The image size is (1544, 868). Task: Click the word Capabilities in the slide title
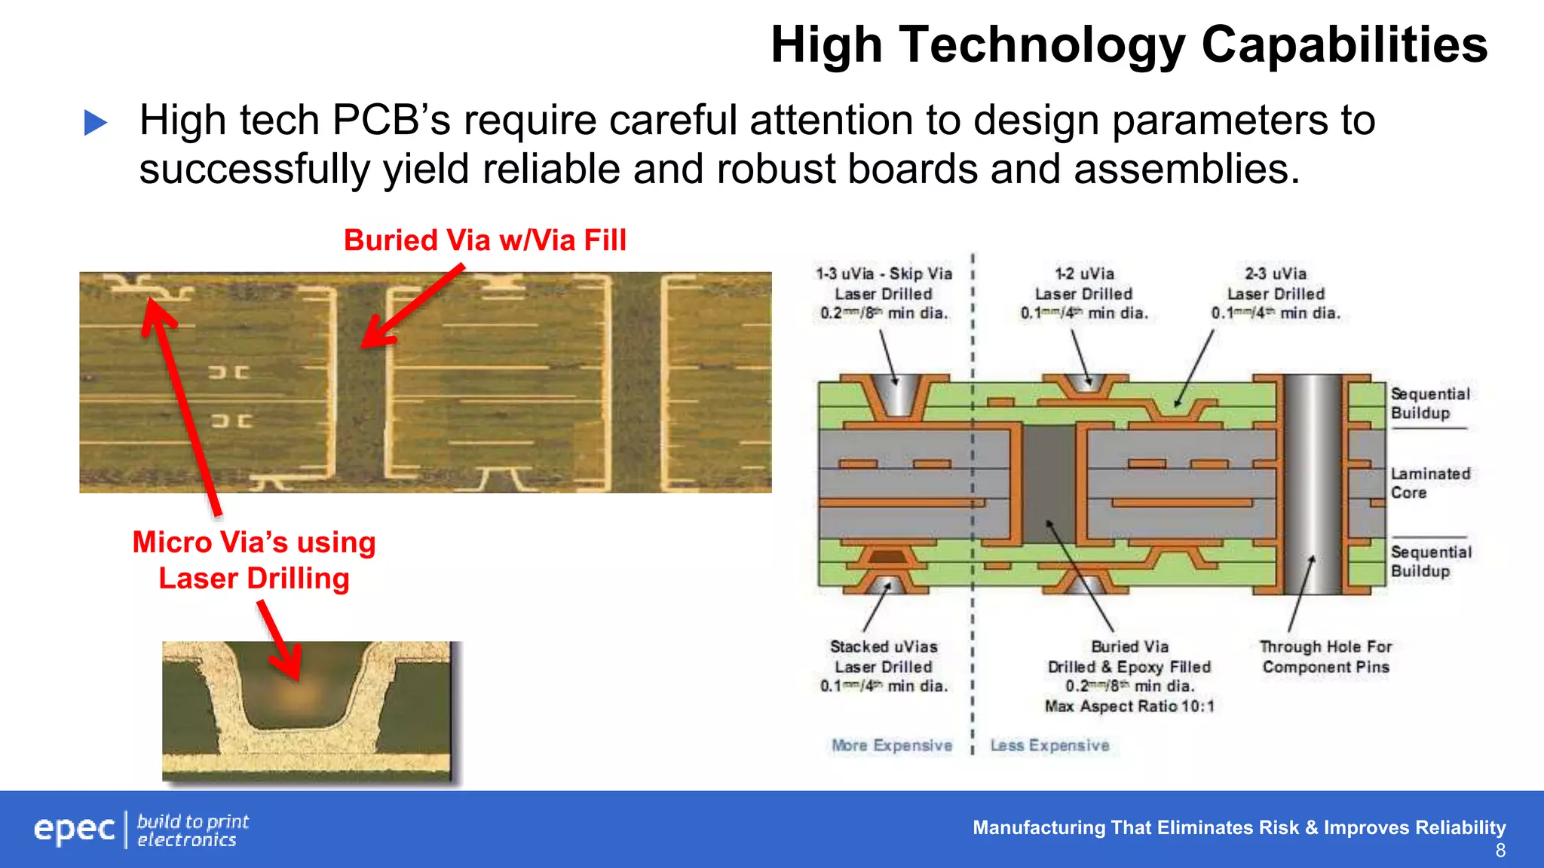click(1343, 45)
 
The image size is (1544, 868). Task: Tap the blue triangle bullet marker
click(96, 123)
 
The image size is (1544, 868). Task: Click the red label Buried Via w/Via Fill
click(485, 240)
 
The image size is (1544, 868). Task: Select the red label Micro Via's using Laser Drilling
click(254, 560)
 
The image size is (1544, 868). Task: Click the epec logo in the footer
click(74, 830)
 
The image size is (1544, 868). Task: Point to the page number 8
click(1500, 851)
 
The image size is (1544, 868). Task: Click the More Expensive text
click(892, 745)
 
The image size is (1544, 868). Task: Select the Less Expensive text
click(1049, 745)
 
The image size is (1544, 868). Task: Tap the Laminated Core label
click(1429, 483)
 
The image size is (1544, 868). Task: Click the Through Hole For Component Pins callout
click(1325, 656)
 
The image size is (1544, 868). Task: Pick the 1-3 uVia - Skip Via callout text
click(884, 274)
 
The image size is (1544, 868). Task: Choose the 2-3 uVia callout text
click(1276, 274)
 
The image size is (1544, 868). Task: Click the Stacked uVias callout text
click(884, 647)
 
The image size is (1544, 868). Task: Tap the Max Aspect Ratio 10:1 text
click(1129, 706)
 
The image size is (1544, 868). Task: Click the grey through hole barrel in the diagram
click(1313, 482)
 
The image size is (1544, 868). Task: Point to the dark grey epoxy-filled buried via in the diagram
click(1048, 482)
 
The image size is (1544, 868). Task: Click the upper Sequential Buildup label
click(1429, 403)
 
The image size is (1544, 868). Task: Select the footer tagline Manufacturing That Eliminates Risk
click(1239, 827)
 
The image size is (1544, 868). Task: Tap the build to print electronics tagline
click(192, 830)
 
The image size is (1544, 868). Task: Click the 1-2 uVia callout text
click(1084, 274)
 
